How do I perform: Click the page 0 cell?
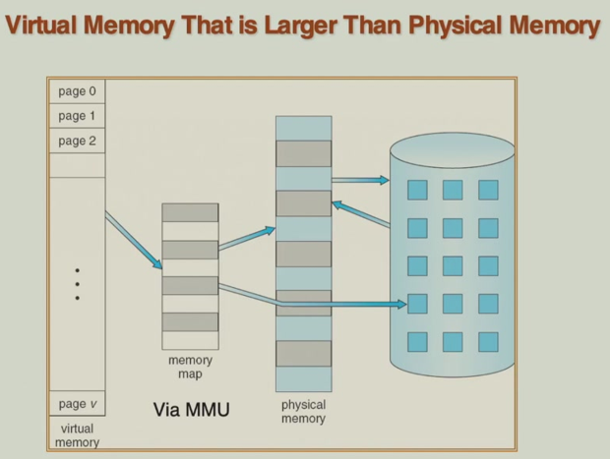(x=77, y=92)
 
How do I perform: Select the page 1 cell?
(x=77, y=117)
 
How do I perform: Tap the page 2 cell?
(x=77, y=142)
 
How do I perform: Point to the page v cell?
(x=77, y=405)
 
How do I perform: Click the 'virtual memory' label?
(x=77, y=435)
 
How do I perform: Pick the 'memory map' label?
(x=190, y=368)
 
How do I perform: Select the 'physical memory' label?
(x=303, y=412)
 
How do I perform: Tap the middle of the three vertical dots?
(x=77, y=284)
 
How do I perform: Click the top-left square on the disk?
(x=417, y=190)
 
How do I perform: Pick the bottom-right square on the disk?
(x=488, y=341)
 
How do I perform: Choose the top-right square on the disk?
(x=488, y=190)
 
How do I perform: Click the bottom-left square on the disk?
(x=417, y=341)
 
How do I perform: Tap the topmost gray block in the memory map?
(x=190, y=212)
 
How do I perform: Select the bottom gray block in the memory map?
(x=190, y=321)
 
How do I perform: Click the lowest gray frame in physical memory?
(x=303, y=353)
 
